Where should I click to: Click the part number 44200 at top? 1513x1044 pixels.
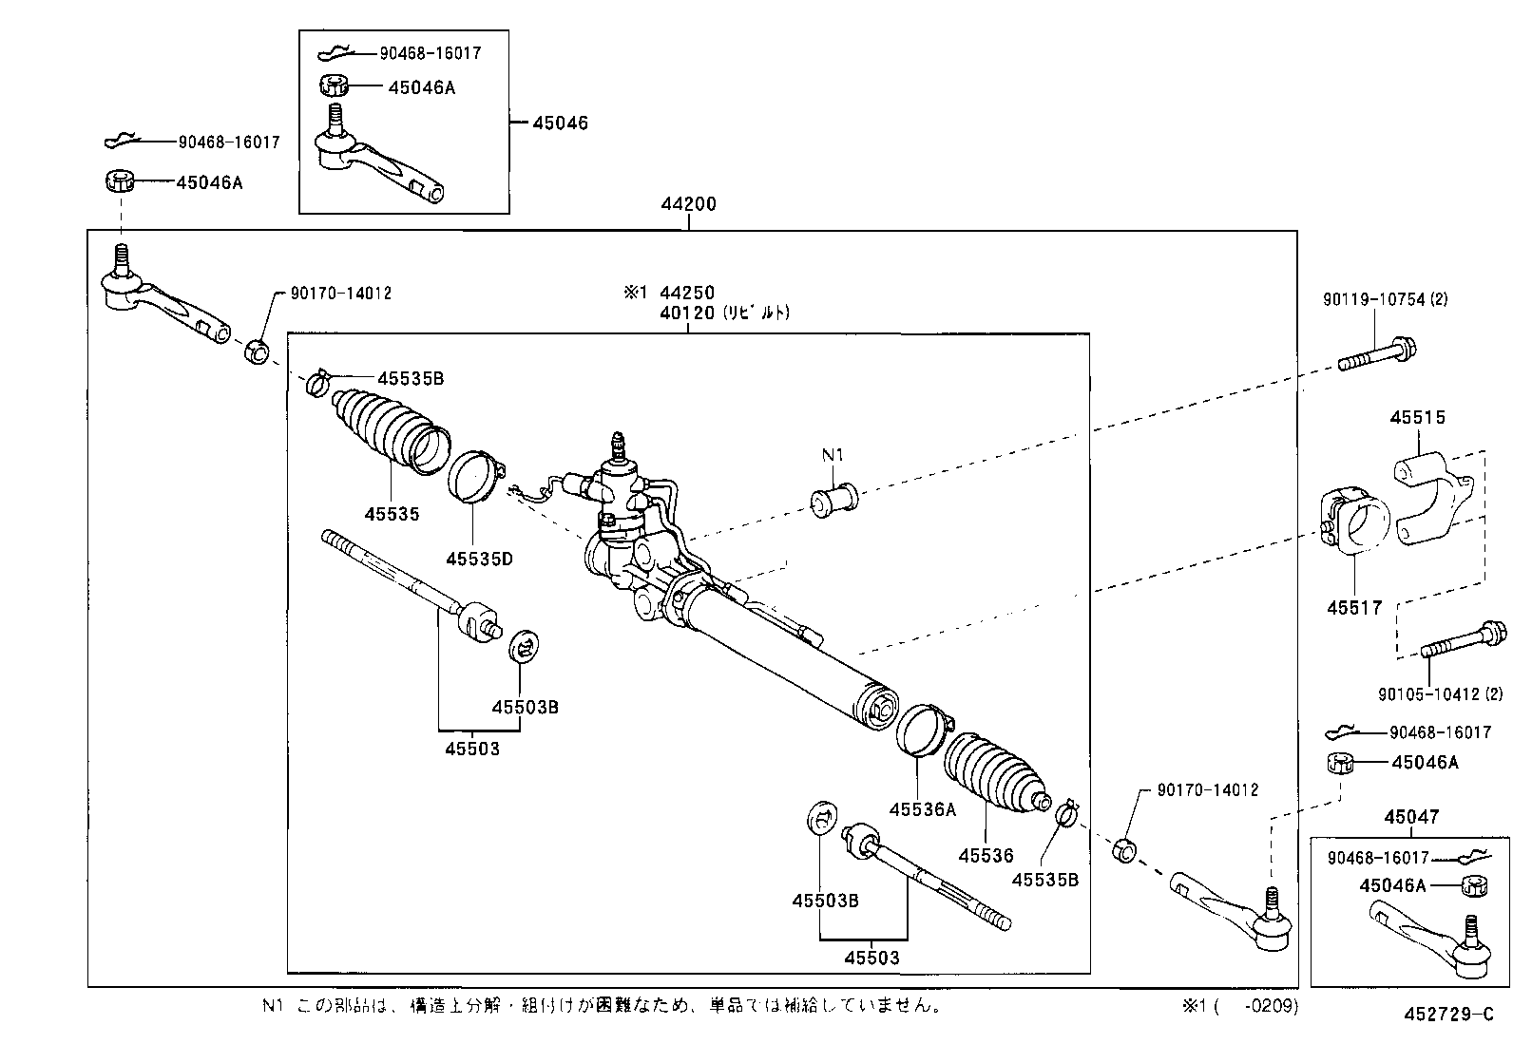[x=690, y=203]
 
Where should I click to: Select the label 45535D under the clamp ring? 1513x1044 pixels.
[x=479, y=559]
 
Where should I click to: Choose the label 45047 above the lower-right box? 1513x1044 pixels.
[x=1411, y=817]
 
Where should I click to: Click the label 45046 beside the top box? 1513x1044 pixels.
[x=560, y=123]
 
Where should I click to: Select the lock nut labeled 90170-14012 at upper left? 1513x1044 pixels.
[x=256, y=351]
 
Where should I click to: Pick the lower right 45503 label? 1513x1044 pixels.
[x=871, y=958]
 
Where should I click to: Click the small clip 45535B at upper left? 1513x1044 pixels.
[x=317, y=383]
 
